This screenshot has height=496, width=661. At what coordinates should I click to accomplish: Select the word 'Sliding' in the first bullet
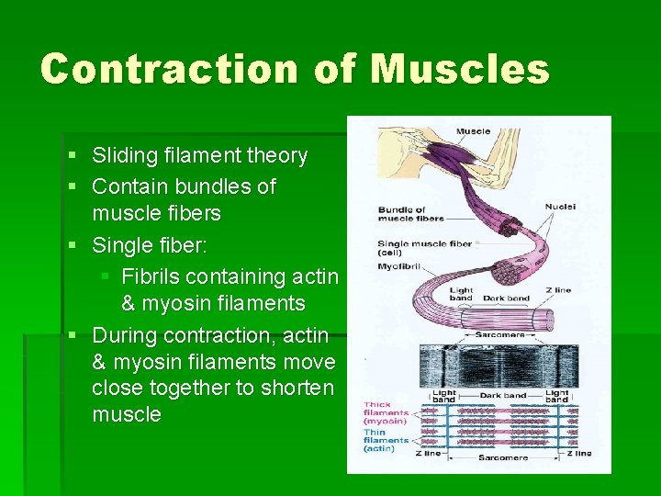[124, 155]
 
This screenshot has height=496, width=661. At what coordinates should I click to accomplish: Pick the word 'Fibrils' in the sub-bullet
[151, 276]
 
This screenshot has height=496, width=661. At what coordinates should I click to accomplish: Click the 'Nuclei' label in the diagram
[559, 207]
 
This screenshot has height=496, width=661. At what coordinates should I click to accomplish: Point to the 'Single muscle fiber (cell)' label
[423, 248]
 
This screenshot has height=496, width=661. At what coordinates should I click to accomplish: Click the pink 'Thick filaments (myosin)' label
[386, 412]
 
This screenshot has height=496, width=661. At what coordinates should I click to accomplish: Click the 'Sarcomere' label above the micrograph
[499, 335]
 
